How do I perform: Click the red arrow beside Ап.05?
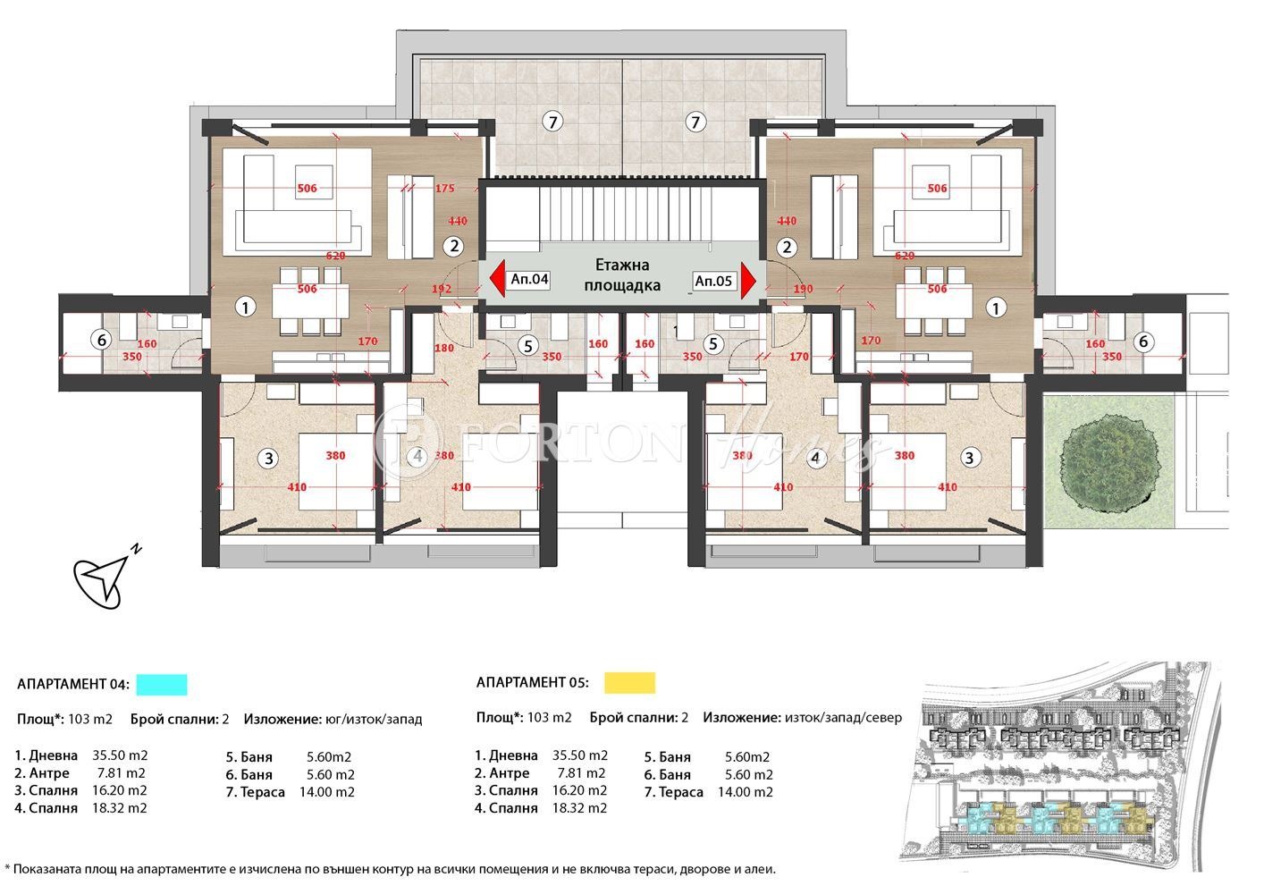748,281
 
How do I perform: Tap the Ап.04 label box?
529,280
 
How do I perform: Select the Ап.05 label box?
713,281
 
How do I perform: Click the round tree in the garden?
1108,461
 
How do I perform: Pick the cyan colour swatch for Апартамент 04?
161,685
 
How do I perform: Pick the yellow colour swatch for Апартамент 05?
629,683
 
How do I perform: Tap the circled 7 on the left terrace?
553,122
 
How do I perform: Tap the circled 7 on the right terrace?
695,122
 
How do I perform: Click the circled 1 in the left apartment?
245,308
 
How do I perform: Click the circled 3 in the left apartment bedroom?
268,459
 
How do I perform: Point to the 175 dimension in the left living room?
444,189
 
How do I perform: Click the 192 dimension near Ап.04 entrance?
442,290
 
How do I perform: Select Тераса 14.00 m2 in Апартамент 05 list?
708,792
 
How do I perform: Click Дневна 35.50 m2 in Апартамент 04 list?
81,755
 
